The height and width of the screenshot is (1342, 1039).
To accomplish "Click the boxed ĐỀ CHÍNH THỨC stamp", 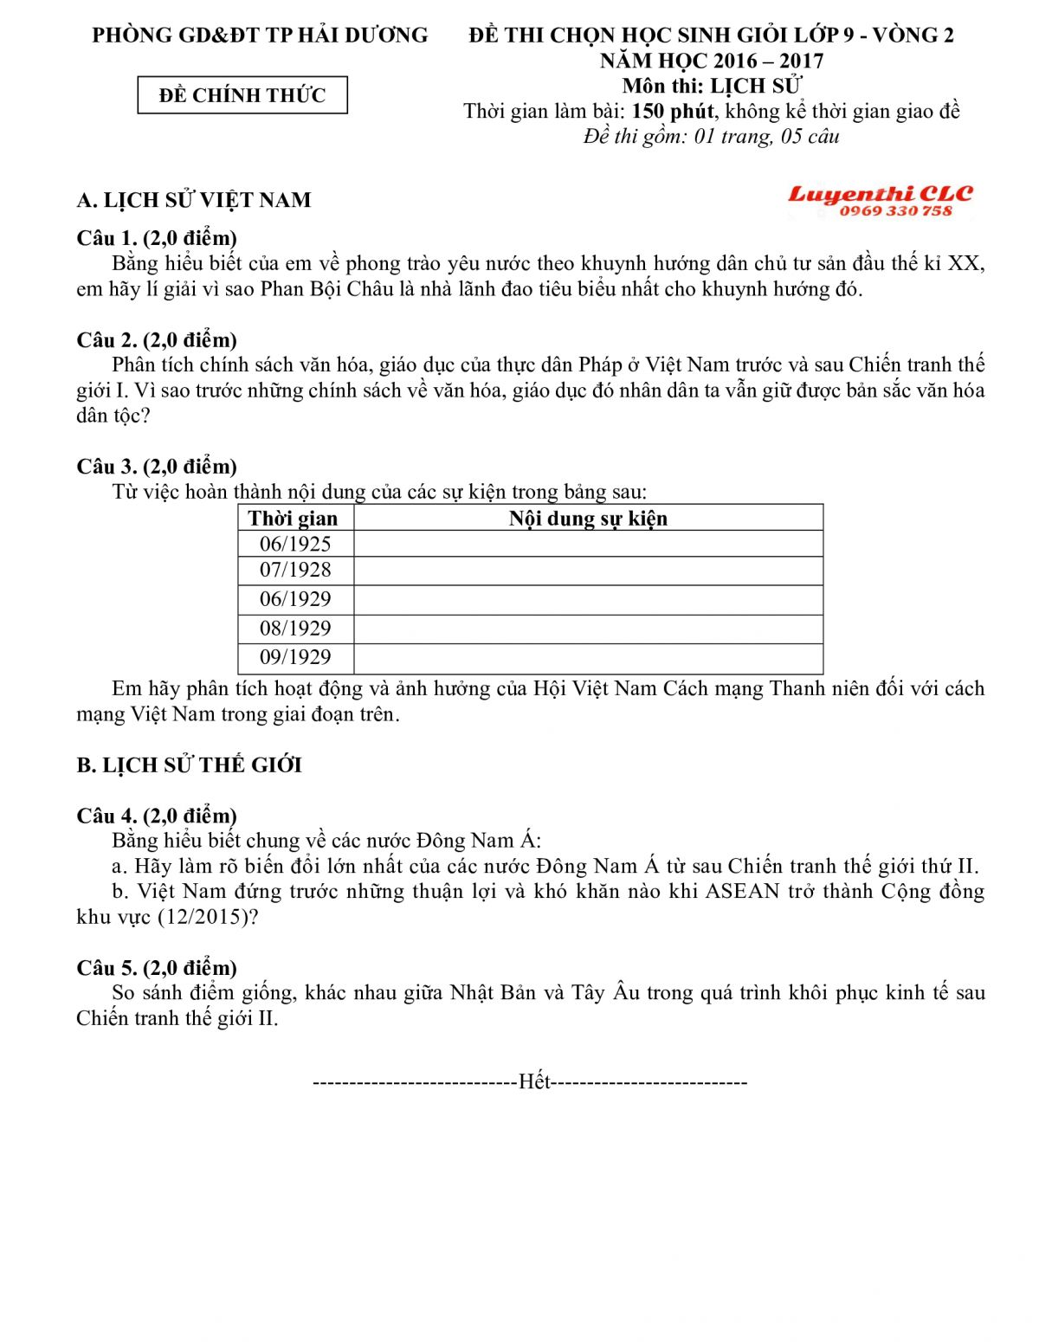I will coord(242,95).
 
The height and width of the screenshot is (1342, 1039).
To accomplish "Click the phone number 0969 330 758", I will coord(895,211).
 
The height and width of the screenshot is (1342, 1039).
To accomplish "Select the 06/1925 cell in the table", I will coord(295,544).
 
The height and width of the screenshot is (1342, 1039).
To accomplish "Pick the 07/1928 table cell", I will coord(295,570).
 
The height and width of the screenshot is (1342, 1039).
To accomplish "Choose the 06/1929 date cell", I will coord(295,599).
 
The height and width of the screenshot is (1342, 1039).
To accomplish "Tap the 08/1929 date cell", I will coord(295,629).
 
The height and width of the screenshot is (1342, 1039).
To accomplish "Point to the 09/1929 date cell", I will coord(295,657).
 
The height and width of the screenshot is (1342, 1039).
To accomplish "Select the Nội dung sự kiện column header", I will coord(588,519).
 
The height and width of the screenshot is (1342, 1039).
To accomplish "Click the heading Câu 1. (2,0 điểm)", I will coord(157,238).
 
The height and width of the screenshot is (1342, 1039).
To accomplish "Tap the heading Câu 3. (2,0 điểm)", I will coord(157,467).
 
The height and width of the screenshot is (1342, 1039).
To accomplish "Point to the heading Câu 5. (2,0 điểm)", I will coord(157,968).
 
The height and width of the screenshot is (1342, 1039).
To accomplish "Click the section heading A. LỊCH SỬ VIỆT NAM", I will coord(194,200).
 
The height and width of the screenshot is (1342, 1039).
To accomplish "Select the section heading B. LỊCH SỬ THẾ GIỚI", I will coord(189,765).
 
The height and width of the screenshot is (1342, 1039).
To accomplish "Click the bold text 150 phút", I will coord(673,112).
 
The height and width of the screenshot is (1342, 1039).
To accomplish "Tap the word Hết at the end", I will coord(534,1082).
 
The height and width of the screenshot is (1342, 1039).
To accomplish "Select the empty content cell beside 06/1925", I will coord(588,544).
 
